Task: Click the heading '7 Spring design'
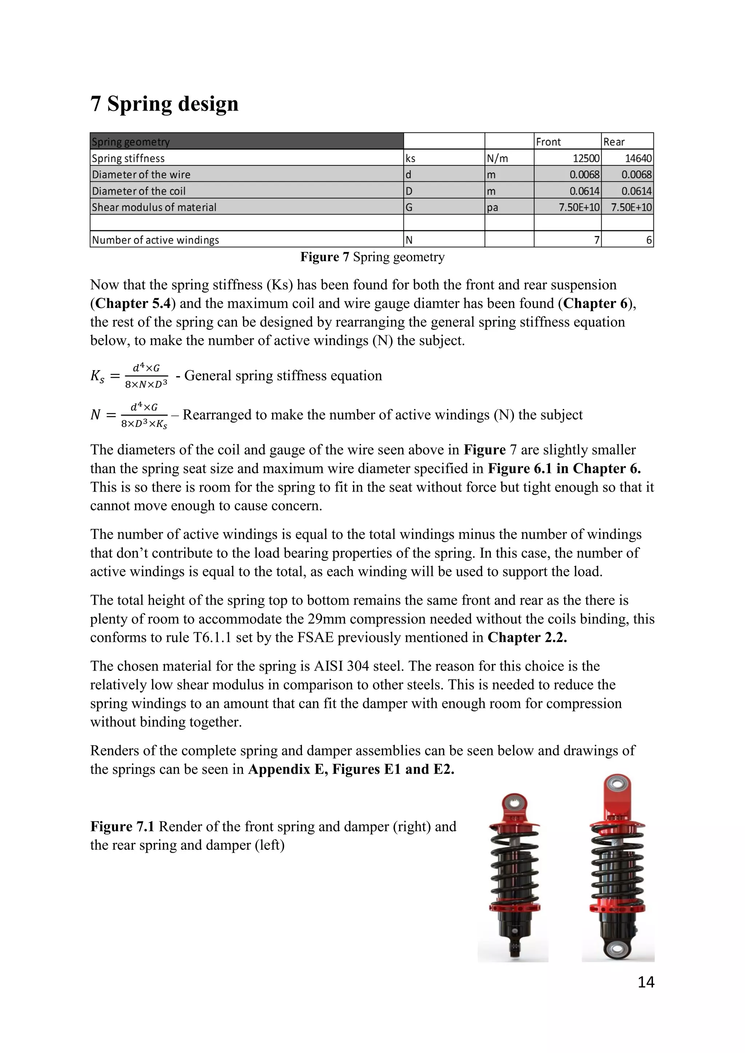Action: (x=164, y=104)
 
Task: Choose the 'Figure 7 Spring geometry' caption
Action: (x=372, y=257)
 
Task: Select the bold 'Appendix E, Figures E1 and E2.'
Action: (x=351, y=769)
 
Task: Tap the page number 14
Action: (x=645, y=982)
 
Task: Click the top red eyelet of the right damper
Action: (x=617, y=785)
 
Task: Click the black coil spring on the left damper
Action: (x=513, y=866)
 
